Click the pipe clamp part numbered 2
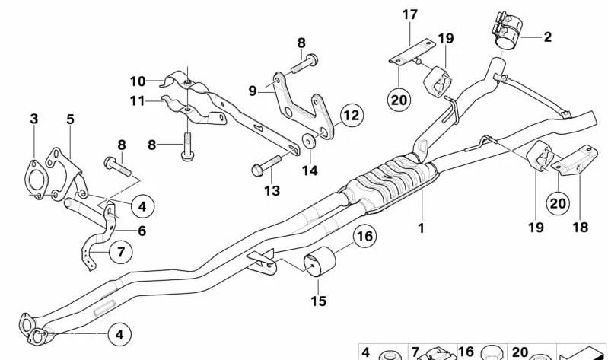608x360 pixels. coord(503,30)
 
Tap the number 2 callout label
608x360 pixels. coord(546,36)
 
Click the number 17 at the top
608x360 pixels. coord(410,14)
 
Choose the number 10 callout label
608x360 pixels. coord(137,80)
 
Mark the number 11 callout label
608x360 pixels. coord(137,100)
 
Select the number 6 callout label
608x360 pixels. coord(142,231)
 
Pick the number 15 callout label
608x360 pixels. coord(318,301)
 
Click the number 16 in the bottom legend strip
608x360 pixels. coord(466,352)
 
